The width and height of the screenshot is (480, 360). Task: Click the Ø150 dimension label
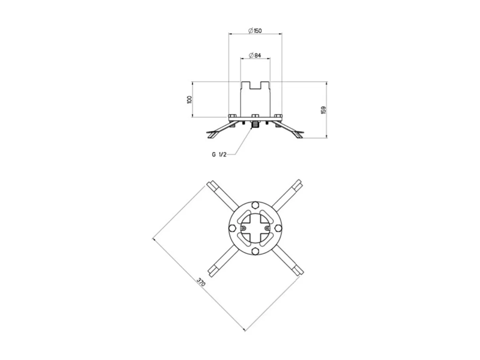coord(256,31)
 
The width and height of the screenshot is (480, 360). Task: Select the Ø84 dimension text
coord(256,56)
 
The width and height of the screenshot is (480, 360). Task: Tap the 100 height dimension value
coord(189,99)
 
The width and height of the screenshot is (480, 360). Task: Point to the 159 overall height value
coord(323,110)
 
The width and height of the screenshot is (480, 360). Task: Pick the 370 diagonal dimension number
coord(201,283)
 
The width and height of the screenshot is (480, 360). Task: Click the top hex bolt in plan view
coord(255,205)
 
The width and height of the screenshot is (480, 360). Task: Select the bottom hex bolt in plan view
coord(255,251)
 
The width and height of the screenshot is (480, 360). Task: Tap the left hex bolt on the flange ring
coord(232,228)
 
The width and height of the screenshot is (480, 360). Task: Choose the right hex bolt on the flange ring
coord(278,228)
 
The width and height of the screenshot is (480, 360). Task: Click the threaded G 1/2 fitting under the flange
coord(255,125)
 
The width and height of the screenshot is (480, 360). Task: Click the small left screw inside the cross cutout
coord(244,228)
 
